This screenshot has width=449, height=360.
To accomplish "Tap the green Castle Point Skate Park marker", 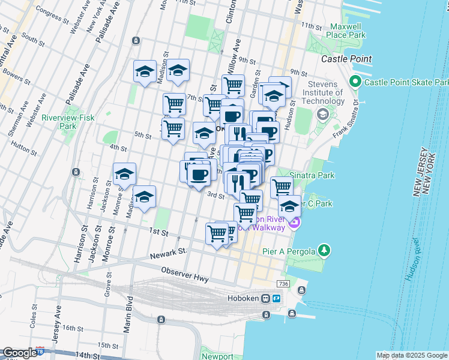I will pos(355,82).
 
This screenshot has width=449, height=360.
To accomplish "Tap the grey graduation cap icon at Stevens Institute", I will pos(322,114).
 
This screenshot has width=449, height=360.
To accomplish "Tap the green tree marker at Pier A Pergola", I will pos(324,249).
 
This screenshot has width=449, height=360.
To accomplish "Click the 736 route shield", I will pos(284,283).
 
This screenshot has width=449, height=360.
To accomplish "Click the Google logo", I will pos(19,353).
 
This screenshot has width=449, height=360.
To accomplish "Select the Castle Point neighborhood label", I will pos(346,59).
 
